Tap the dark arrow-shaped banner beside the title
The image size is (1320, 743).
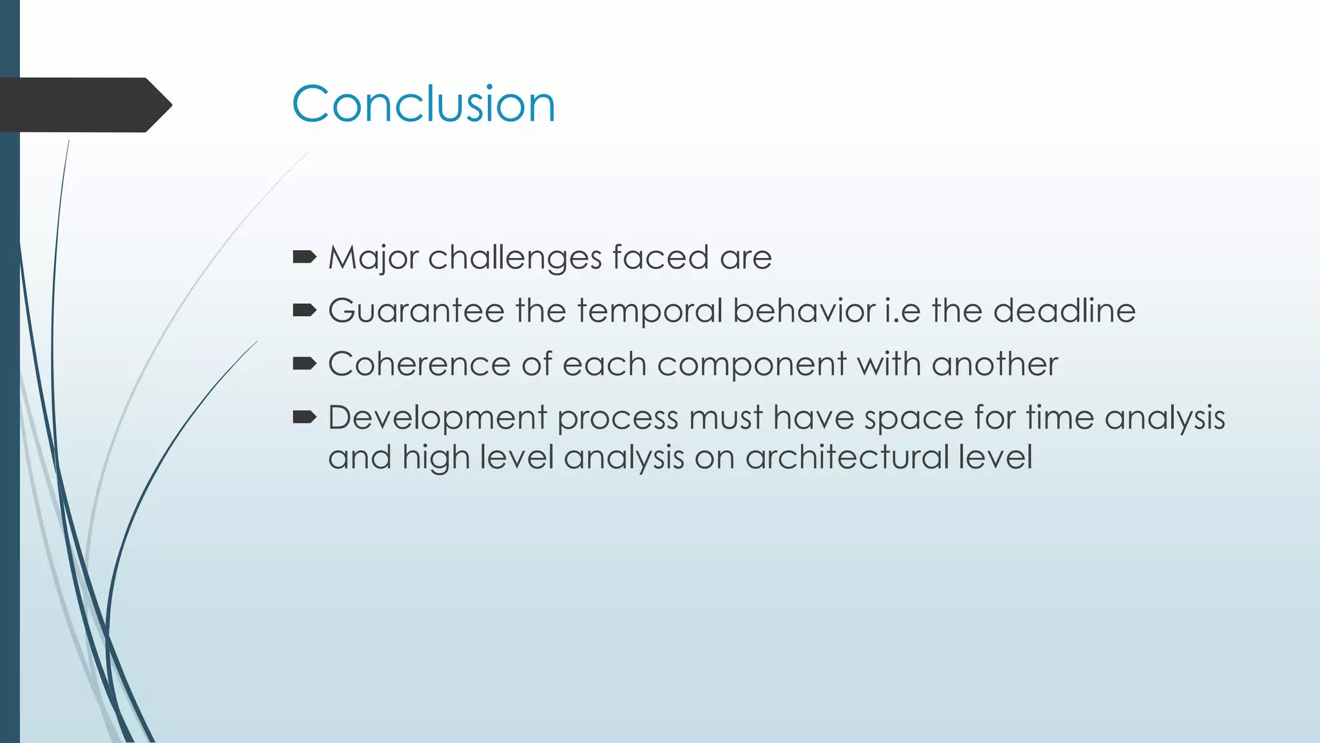point(84,105)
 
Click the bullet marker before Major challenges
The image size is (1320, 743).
point(304,258)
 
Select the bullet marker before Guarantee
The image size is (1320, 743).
point(304,311)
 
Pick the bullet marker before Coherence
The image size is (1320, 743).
point(304,364)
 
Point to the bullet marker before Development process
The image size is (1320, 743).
point(304,418)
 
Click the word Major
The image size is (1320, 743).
point(373,258)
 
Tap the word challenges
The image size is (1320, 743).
point(515,258)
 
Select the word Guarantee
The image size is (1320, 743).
point(416,311)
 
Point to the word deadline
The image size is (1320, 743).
point(1064,311)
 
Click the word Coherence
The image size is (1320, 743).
point(419,364)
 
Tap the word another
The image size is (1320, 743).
point(995,364)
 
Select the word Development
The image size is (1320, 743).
point(438,418)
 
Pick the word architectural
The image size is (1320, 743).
point(846,457)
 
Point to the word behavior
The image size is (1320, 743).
point(804,311)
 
